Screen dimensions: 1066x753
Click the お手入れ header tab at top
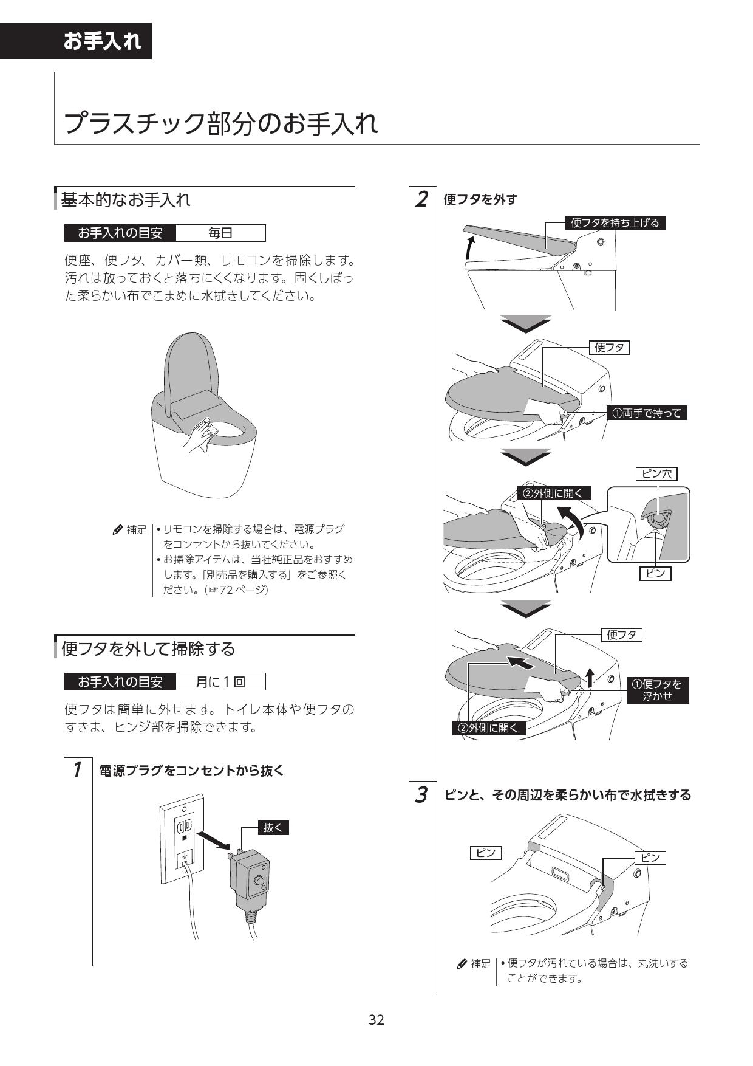102,41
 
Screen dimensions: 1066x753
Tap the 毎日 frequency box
220,233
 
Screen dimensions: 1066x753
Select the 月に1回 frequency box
220,682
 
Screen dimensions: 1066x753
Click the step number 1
77,770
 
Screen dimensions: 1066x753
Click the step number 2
421,199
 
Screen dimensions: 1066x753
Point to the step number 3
421,794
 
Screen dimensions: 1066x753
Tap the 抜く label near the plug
273,827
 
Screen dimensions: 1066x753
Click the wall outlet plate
182,839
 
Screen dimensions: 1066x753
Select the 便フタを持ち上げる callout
615,222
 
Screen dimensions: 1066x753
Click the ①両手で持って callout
647,413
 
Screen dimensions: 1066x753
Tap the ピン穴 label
656,473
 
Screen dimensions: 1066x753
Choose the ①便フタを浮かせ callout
657,690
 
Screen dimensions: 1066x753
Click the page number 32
376,1019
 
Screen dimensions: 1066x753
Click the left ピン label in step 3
486,853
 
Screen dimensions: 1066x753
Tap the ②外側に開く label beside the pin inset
553,493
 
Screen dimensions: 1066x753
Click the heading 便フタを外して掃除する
148,648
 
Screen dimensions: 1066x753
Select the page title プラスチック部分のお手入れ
220,123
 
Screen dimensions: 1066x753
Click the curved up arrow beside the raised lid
469,247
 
